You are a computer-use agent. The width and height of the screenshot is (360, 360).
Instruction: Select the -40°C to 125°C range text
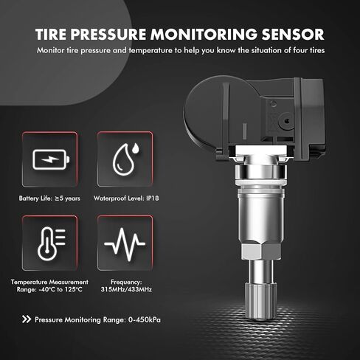pos(50,290)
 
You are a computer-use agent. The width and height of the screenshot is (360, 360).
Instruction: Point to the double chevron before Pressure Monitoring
pos(28,319)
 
